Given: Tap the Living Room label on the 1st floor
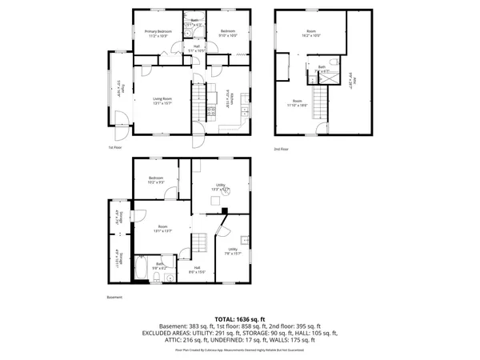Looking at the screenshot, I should click(163, 102).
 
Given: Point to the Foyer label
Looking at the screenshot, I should click(119, 88).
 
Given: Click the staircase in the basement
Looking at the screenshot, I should click(201, 242).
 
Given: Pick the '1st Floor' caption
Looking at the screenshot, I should click(116, 148).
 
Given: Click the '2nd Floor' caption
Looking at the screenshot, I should click(280, 148).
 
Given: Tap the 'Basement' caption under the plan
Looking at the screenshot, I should click(115, 298).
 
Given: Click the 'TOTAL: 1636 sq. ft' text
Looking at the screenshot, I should click(240, 318).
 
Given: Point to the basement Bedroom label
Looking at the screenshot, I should click(155, 180).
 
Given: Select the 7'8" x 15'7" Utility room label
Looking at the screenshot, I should click(233, 251).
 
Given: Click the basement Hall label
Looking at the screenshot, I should click(196, 270).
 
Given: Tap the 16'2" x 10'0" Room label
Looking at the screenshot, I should click(310, 33).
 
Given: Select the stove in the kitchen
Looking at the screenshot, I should click(211, 112).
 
